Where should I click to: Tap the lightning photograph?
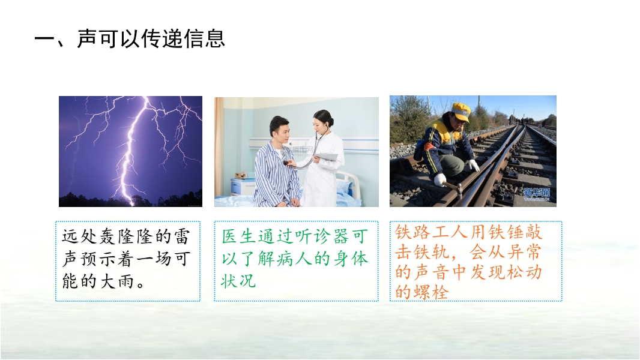(x=131, y=151)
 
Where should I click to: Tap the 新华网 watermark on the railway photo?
(x=537, y=194)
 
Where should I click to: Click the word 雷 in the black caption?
(x=182, y=236)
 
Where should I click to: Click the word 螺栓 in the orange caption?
(x=432, y=292)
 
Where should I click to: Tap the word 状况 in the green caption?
(x=238, y=280)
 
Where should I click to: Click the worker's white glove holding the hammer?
(x=441, y=180)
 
